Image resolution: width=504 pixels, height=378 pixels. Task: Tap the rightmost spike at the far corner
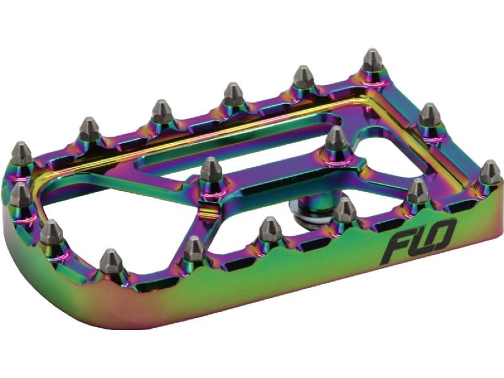(x=490, y=172)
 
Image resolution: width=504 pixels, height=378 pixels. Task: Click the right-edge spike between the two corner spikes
(x=430, y=115)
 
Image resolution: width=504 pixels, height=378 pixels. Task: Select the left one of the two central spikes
(x=210, y=170)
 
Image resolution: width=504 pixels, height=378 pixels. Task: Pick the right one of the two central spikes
(x=336, y=139)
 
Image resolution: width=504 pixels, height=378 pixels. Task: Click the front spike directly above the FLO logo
(x=417, y=191)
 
